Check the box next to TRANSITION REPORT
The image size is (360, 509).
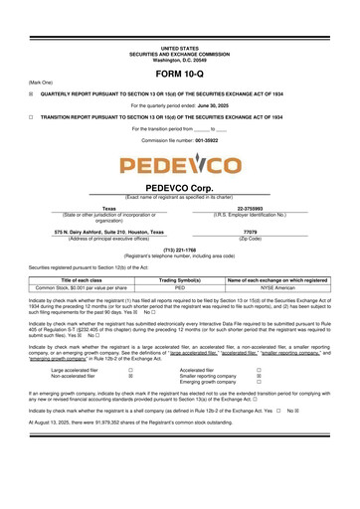[x=31, y=116]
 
